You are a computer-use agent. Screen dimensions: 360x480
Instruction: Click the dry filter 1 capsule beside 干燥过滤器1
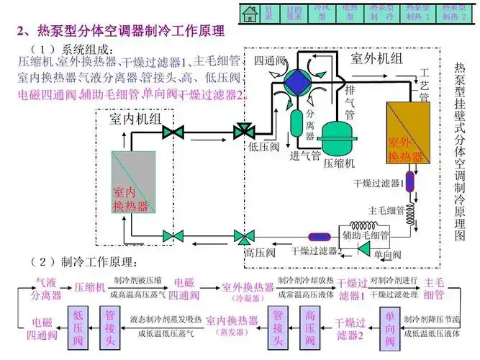409,181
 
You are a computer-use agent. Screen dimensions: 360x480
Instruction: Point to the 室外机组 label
376,58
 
